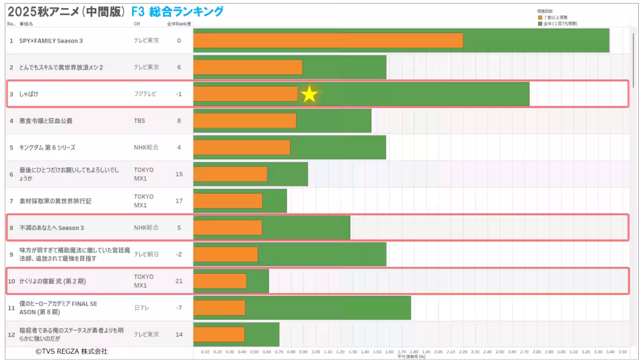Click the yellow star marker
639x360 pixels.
click(x=309, y=95)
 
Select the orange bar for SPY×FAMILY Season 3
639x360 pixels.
click(x=328, y=40)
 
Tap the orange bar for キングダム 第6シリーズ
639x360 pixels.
click(x=242, y=148)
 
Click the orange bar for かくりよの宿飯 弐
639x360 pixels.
click(x=220, y=281)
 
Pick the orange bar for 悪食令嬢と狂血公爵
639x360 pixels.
click(x=244, y=121)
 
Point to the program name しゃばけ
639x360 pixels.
click(x=29, y=94)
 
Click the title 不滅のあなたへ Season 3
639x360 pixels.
click(x=52, y=228)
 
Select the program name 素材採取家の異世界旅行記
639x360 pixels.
click(x=55, y=201)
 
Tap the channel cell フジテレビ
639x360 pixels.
click(x=145, y=94)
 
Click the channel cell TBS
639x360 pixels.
click(x=140, y=121)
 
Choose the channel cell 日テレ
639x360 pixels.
click(x=142, y=308)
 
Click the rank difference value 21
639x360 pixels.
click(x=179, y=281)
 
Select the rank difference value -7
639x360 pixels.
click(x=179, y=308)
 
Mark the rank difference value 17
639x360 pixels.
click(x=179, y=201)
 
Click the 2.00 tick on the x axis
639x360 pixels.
click(x=438, y=351)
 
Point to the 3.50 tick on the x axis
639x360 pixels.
click(x=622, y=351)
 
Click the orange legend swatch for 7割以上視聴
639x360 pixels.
click(x=539, y=18)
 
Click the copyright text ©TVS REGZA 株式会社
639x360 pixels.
click(x=71, y=351)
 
